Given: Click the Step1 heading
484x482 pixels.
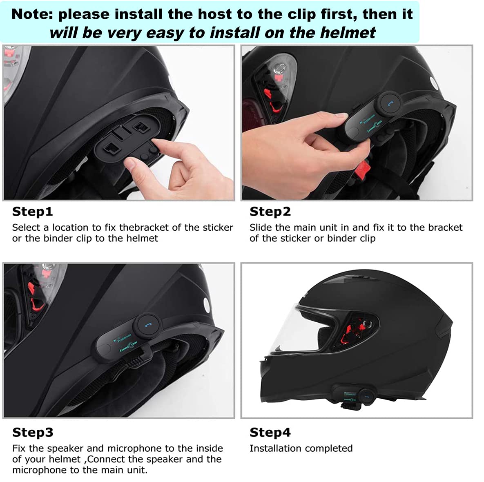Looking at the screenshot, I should (32, 212).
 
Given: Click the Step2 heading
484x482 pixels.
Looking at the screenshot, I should (270, 212).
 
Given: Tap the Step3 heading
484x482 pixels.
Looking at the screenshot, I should (33, 432).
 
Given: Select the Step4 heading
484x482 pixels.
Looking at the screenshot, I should (270, 432).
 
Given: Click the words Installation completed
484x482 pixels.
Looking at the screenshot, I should (301, 448).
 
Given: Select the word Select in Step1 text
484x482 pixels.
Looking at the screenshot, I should (26, 228).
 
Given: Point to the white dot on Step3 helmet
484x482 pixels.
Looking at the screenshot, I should (206, 304).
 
